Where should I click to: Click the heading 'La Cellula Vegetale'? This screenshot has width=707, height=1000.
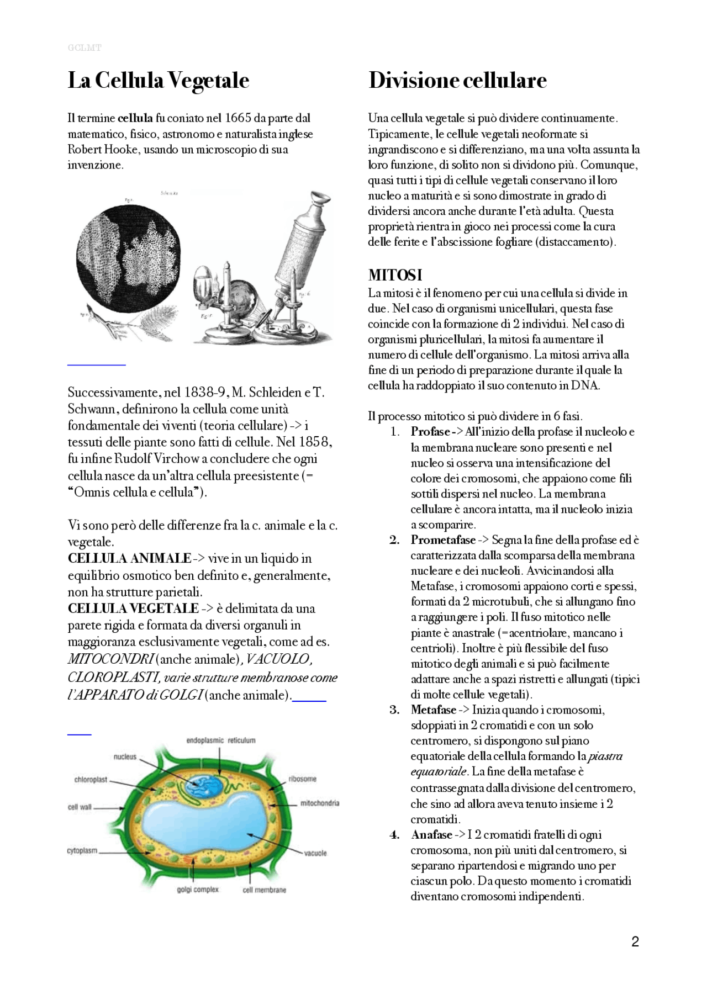coord(158,81)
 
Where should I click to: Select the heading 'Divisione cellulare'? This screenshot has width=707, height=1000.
coord(457,81)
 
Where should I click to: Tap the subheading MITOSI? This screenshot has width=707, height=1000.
coord(395,275)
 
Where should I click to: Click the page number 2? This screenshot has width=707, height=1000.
coord(635,941)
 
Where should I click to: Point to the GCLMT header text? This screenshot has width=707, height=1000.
coord(85,48)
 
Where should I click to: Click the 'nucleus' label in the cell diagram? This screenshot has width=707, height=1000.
coord(125,756)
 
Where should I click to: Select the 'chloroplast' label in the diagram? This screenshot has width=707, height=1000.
coord(91,780)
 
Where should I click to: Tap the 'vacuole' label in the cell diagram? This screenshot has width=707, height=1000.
coord(315,853)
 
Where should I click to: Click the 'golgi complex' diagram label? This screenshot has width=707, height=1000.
coord(198,890)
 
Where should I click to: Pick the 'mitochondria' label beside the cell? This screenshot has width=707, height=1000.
coord(319,803)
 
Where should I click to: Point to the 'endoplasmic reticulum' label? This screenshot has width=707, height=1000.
coord(221,740)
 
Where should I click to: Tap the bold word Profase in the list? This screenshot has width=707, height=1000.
coord(430,432)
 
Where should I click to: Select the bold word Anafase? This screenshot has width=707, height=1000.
coord(431,835)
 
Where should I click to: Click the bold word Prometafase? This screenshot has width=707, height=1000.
coord(442,540)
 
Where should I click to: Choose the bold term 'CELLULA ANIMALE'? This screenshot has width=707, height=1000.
coord(129,558)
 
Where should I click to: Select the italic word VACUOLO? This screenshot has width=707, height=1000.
coord(278,659)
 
